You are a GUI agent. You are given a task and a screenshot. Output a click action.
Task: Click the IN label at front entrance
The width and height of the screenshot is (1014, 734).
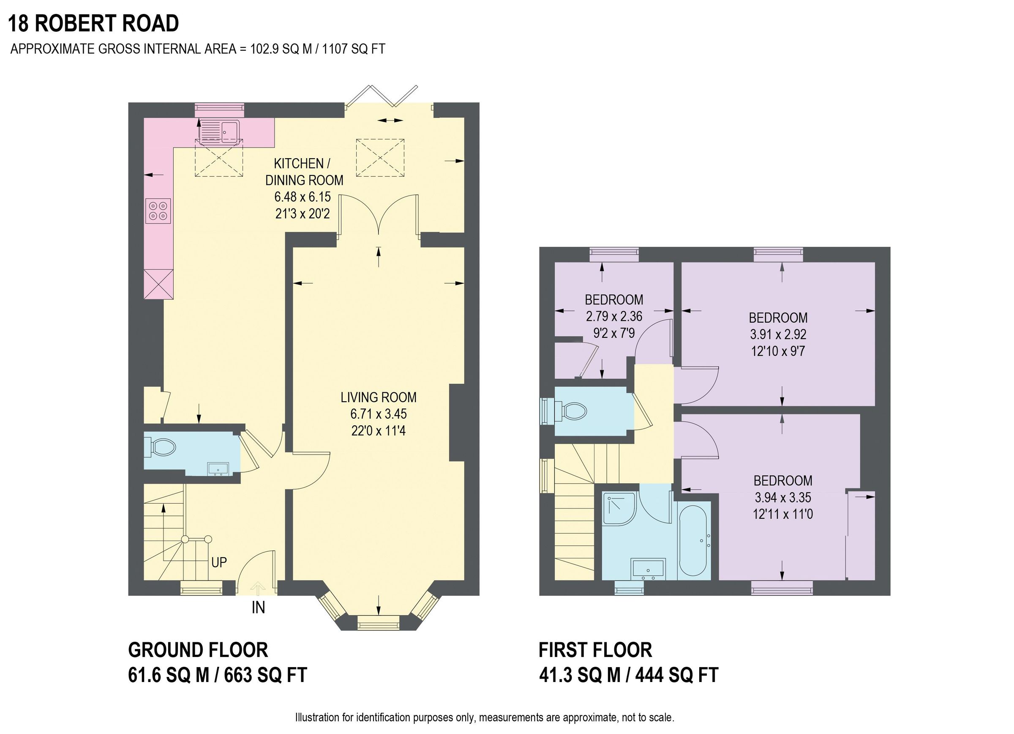click(259, 608)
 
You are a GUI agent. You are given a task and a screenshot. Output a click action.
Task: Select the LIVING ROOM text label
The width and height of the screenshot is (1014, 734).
click(378, 397)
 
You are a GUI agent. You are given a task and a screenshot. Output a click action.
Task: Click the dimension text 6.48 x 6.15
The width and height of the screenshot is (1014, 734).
click(303, 197)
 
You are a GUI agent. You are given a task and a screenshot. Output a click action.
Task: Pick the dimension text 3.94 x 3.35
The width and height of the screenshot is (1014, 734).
click(783, 497)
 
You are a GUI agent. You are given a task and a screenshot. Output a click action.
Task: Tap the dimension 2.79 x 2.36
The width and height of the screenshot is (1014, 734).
click(614, 316)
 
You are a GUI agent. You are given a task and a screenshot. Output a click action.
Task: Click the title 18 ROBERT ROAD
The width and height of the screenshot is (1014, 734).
click(93, 24)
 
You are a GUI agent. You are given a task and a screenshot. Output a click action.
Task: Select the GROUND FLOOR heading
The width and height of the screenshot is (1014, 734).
click(198, 650)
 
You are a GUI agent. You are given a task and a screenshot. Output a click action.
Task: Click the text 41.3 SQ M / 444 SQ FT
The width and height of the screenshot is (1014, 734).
click(628, 675)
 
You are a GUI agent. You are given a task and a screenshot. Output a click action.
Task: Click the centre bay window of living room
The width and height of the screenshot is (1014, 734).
click(378, 623)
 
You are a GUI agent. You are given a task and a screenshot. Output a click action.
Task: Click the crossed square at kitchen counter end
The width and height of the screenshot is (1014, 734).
click(158, 284)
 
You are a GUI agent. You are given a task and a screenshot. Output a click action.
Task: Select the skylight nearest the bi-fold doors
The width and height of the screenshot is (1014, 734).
click(380, 158)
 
